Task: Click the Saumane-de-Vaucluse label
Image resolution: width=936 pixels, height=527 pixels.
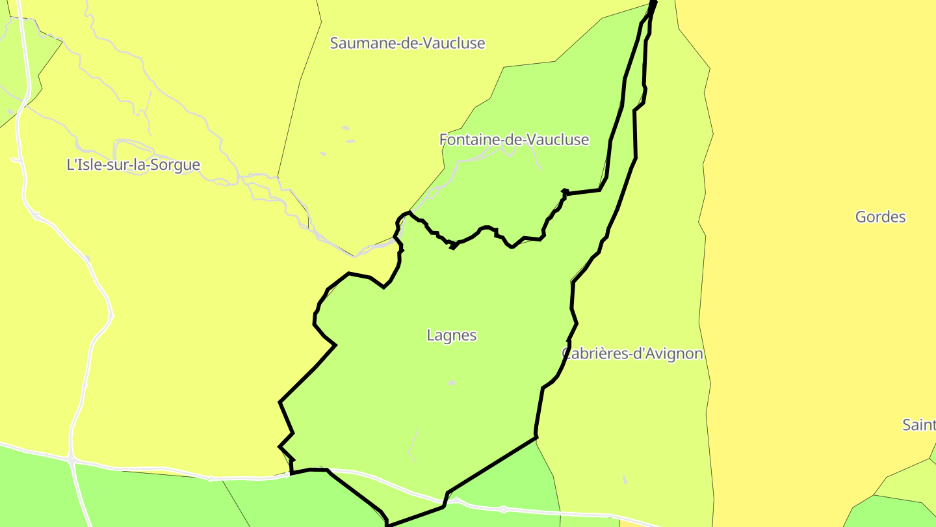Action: coord(408,44)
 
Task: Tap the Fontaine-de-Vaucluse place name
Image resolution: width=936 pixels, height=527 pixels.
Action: coord(514,140)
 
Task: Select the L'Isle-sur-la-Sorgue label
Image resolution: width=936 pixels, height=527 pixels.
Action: coord(133,165)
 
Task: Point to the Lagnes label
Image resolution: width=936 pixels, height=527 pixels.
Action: coord(452,336)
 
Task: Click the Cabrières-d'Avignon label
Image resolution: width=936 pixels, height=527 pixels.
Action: coord(632,354)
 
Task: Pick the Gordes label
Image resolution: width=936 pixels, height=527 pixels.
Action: coord(880,217)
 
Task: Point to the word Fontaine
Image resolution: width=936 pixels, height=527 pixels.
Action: coord(466,140)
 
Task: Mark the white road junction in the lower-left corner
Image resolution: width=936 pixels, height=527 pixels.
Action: coord(71,460)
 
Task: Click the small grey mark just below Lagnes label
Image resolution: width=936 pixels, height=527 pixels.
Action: coord(451,383)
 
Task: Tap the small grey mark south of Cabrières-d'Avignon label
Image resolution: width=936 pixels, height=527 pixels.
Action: coord(625,480)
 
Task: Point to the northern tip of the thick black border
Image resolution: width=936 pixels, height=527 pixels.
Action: coord(654,3)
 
